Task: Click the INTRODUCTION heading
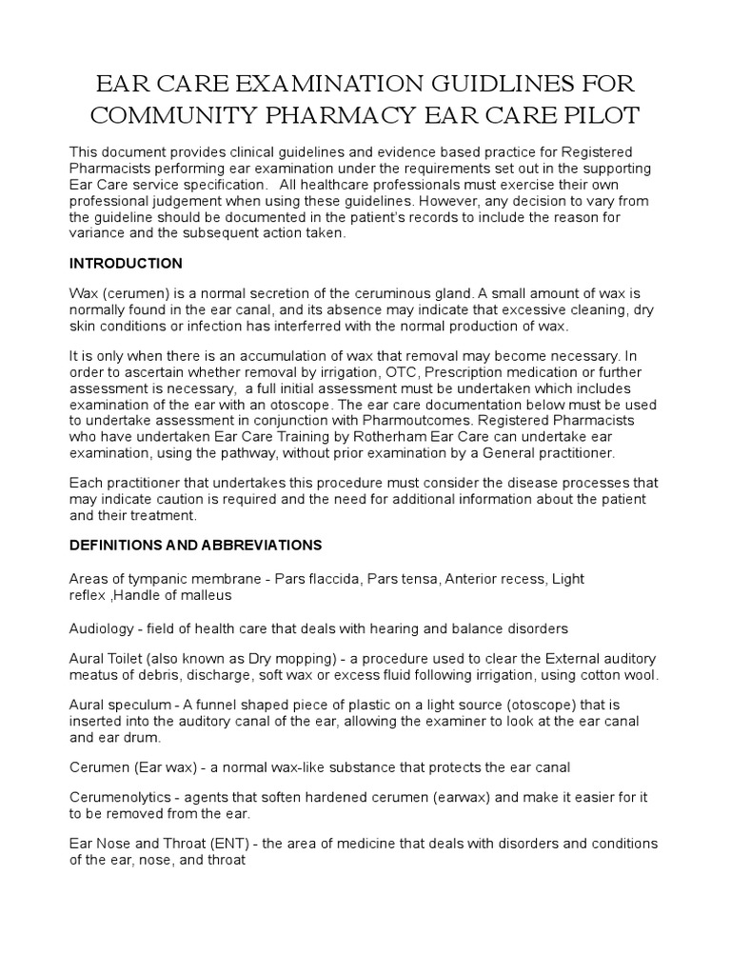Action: [126, 263]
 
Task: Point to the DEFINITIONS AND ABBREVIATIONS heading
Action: [196, 545]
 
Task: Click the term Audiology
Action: [102, 628]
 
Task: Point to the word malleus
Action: [207, 595]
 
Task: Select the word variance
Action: [99, 233]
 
